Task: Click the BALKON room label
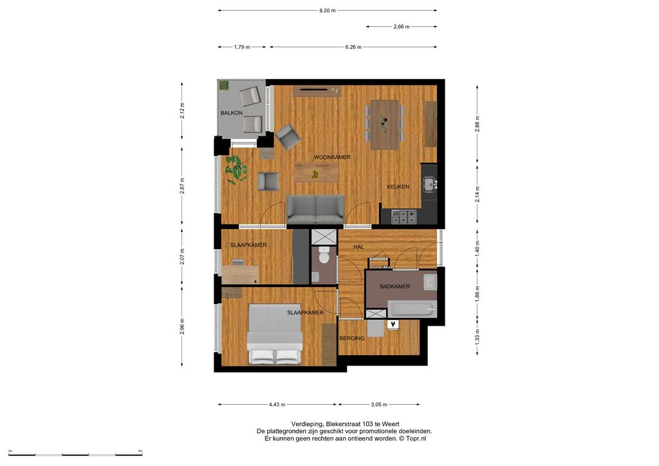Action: [232, 113]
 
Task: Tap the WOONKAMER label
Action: [332, 157]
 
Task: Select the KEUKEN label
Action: [398, 187]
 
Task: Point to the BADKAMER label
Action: [394, 286]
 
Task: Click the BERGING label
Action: [352, 339]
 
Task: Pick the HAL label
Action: [358, 247]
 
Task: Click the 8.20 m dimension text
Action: [328, 10]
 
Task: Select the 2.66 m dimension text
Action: [402, 26]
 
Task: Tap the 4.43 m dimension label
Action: [277, 405]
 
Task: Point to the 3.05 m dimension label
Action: [378, 405]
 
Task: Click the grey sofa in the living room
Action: [315, 209]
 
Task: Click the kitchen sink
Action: [429, 183]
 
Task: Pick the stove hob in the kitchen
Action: [404, 216]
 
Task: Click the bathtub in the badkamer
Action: [413, 309]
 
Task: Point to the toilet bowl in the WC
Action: [324, 256]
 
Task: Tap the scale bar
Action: [76, 454]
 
